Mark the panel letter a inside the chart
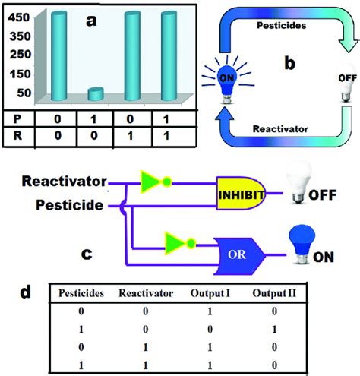coord(91,21)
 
